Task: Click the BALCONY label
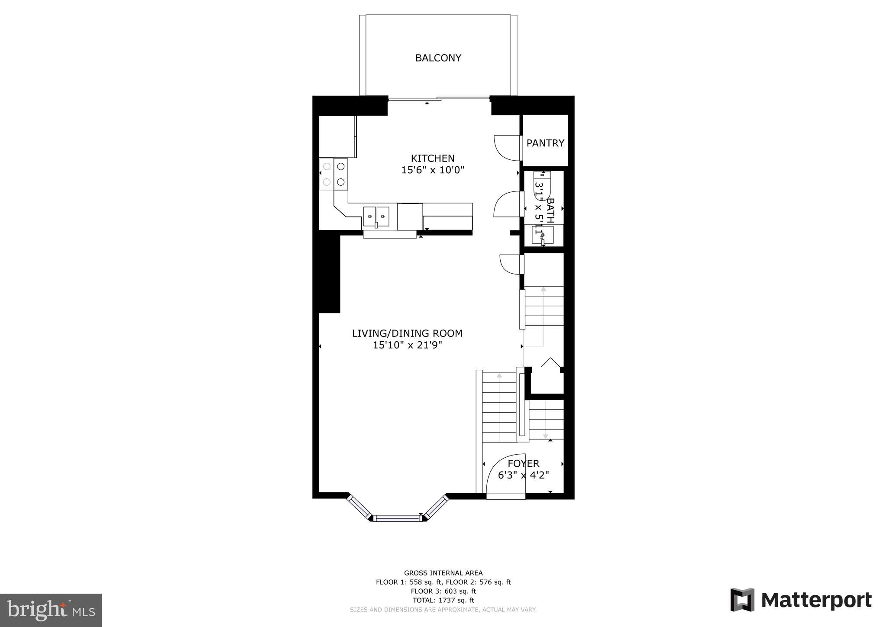438,58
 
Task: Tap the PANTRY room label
545,143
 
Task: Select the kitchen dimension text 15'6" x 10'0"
432,170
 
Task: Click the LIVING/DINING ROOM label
407,333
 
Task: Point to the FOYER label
523,464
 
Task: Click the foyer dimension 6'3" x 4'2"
523,475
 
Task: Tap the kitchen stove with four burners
333,174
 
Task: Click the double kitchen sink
376,217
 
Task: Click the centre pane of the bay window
398,517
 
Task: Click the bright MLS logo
51,610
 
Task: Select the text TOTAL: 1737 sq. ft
443,600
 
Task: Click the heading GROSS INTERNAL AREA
443,573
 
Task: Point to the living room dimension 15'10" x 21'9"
407,345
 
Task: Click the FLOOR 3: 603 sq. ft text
443,591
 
